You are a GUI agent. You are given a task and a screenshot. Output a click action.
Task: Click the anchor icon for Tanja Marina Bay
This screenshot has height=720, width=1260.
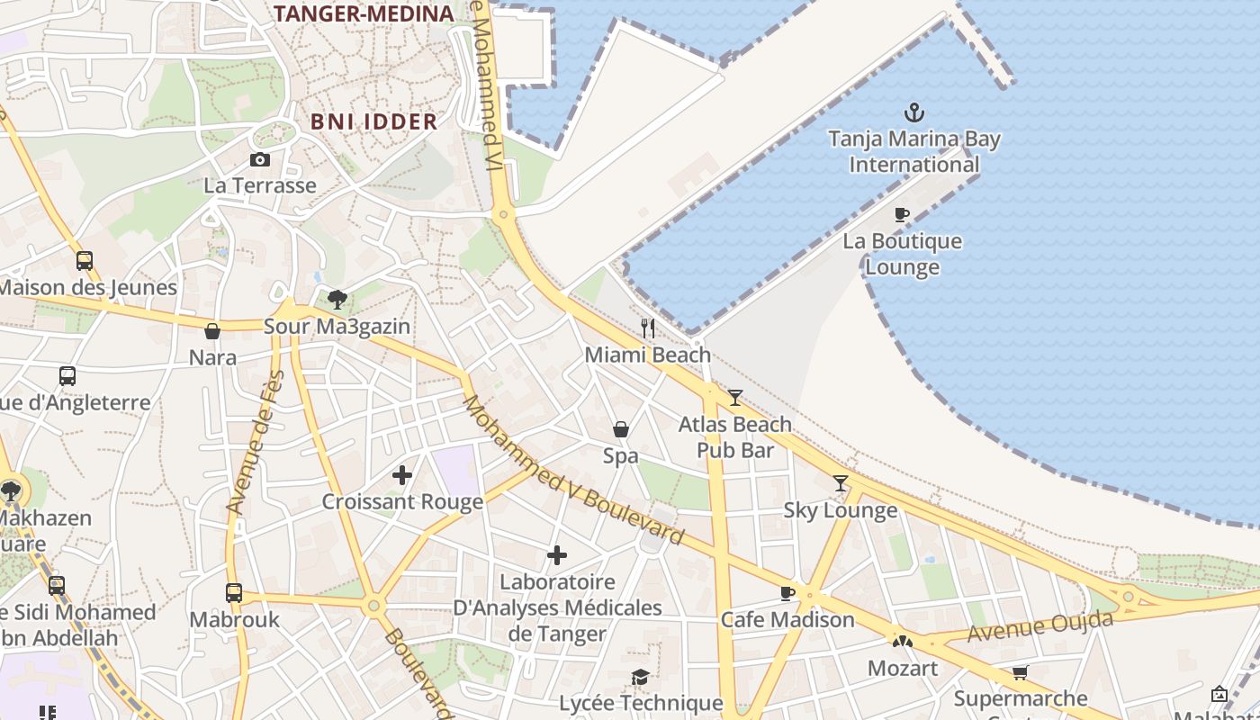(914, 113)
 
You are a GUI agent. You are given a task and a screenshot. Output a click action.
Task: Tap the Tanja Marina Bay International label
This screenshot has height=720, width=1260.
(914, 152)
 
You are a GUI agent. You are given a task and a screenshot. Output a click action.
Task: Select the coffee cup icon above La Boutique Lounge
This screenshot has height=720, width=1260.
(902, 214)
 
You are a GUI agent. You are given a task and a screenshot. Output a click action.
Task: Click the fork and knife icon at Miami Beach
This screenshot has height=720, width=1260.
(648, 328)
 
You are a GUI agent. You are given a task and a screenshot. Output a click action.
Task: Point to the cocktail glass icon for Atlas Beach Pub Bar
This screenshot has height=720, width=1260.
(735, 397)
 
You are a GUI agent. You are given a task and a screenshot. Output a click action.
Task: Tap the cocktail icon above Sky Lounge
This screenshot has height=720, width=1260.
(841, 483)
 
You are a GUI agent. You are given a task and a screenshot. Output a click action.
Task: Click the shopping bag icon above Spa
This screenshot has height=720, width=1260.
(621, 429)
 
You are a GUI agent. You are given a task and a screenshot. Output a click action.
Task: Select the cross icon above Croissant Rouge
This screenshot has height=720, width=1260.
(402, 474)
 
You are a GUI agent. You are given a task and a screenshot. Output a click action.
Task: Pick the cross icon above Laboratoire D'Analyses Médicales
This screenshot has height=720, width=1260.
(557, 555)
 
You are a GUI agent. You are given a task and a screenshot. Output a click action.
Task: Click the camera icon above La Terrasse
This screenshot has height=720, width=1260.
(260, 159)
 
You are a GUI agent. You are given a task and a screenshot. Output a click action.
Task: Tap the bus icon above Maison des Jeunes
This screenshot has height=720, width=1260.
(85, 261)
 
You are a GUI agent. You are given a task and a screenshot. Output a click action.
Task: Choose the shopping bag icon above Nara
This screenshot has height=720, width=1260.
(212, 331)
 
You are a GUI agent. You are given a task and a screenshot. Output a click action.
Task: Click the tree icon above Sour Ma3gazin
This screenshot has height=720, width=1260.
(337, 299)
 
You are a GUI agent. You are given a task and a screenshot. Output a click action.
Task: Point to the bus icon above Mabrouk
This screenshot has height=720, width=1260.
(234, 592)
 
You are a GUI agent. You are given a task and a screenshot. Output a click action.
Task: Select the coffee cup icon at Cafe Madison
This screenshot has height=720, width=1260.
(787, 593)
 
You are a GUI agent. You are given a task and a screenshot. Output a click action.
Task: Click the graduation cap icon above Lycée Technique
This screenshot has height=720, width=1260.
(640, 677)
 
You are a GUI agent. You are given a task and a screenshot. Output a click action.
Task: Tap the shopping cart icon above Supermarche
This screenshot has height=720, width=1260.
(1021, 672)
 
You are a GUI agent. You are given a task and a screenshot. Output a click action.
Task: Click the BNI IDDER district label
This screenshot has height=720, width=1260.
(373, 121)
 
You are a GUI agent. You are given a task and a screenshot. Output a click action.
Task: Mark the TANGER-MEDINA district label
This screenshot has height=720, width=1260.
(364, 13)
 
